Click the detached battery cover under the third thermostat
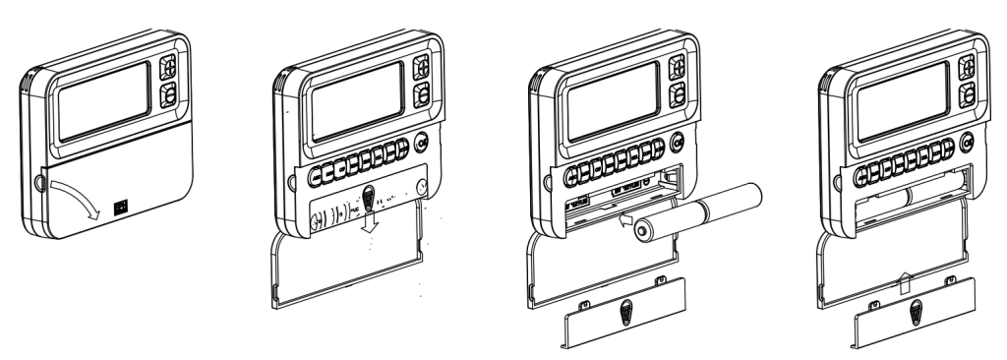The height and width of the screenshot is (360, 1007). [622, 317]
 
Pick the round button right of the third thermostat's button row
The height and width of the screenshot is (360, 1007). [678, 144]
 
